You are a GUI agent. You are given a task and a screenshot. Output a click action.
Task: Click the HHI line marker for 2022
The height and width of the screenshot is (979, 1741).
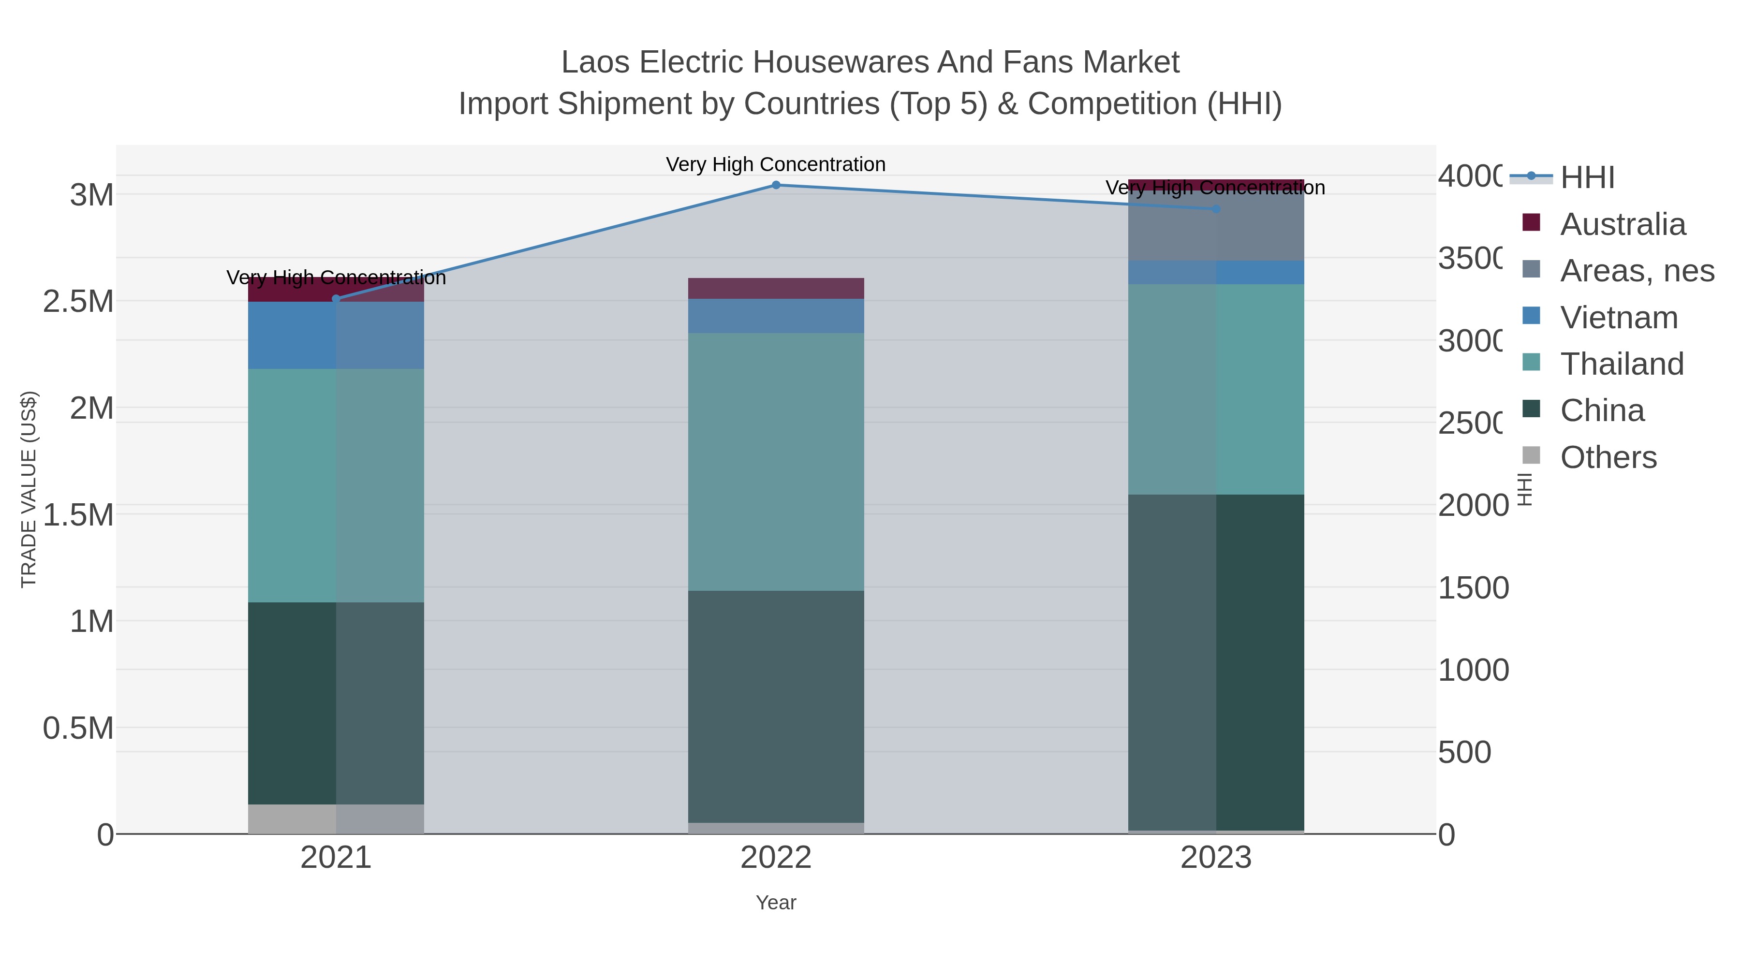point(776,185)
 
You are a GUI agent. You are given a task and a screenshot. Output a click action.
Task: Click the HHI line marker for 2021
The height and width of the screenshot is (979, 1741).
point(336,299)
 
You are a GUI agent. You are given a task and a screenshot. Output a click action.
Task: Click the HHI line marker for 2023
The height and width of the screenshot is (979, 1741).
point(1216,209)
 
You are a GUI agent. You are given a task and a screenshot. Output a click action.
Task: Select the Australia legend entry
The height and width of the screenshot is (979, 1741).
point(1622,224)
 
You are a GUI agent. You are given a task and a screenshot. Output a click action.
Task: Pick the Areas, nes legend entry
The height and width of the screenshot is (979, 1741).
point(1636,271)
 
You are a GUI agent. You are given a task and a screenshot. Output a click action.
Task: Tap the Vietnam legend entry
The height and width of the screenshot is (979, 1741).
point(1618,318)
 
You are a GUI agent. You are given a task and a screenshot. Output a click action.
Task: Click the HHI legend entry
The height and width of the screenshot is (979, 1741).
point(1586,178)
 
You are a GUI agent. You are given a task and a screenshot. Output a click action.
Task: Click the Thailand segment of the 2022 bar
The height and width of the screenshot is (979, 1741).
point(776,462)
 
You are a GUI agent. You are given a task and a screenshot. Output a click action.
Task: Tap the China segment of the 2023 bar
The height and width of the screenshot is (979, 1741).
point(1216,662)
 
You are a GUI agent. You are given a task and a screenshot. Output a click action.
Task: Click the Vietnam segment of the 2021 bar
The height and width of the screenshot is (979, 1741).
point(336,335)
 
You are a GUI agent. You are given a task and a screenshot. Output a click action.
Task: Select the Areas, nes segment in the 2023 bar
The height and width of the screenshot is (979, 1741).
point(1216,226)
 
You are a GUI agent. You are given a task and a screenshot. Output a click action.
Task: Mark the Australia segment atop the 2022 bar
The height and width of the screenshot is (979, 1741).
point(776,289)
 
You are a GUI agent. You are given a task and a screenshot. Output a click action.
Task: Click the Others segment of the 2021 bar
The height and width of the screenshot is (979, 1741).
point(336,819)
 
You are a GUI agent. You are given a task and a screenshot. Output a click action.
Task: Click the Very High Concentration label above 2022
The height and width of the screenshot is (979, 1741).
point(775,164)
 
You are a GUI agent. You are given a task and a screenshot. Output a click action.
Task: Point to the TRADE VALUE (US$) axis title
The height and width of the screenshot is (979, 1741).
point(29,489)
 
